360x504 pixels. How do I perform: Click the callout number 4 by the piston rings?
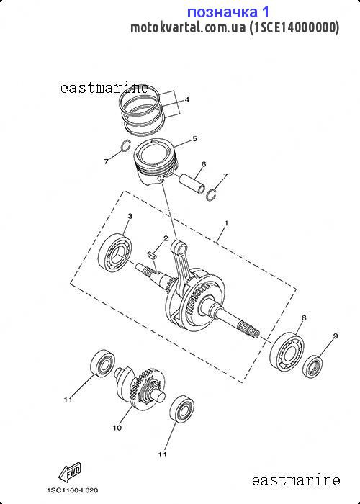[x=186, y=99]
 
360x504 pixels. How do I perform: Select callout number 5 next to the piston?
[x=195, y=138]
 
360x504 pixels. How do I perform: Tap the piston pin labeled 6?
[x=192, y=183]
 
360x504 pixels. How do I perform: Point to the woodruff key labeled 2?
[x=153, y=255]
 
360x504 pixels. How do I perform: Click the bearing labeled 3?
[x=116, y=252]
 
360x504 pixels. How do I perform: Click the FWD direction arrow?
[x=70, y=472]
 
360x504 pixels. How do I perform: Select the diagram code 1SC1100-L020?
[x=73, y=490]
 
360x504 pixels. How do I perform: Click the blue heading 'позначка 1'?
[x=228, y=12]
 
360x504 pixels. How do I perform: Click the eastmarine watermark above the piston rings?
[x=105, y=88]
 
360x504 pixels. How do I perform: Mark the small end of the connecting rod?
[x=179, y=246]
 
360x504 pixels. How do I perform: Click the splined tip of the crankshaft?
[x=250, y=330]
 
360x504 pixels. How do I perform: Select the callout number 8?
[x=304, y=318]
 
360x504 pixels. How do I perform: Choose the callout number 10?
[x=117, y=428]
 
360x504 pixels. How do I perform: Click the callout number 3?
[x=130, y=216]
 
